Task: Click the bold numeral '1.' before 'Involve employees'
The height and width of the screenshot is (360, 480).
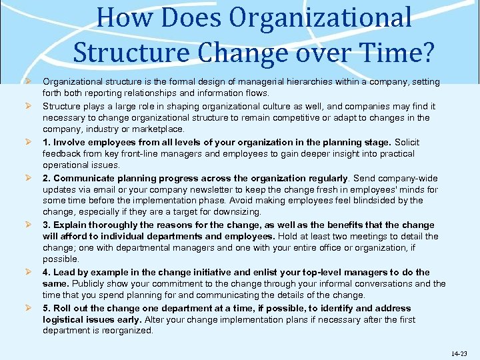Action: [47, 142]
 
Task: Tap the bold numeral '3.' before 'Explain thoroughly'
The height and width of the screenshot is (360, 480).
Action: [47, 225]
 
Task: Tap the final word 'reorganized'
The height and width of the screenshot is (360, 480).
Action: [127, 331]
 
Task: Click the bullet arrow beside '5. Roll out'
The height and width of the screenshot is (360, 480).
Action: [29, 308]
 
